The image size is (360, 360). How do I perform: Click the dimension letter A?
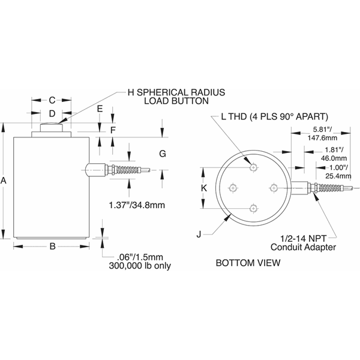(x=5, y=180)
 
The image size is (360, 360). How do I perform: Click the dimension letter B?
(x=52, y=246)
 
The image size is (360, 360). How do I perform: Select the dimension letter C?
(x=52, y=100)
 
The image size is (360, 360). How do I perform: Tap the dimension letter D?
(x=52, y=113)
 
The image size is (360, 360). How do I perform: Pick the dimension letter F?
(x=113, y=130)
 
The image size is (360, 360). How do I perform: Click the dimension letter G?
(x=162, y=154)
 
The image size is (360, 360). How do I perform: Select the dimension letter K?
(x=204, y=188)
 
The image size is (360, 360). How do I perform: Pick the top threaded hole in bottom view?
(x=253, y=167)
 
